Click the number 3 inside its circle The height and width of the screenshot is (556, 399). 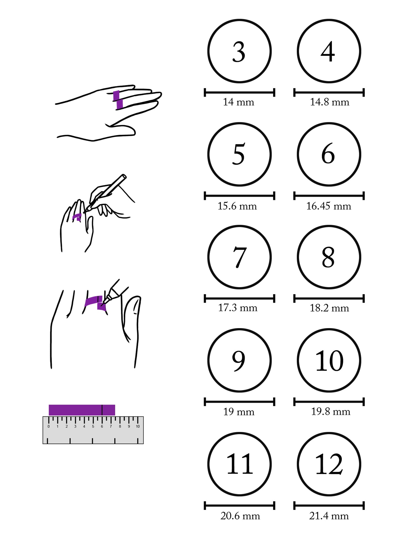pos(239,52)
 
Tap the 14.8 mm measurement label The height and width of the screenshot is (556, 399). pos(329,102)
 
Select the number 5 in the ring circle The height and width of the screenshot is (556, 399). pos(239,154)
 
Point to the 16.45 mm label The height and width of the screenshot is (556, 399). pos(329,206)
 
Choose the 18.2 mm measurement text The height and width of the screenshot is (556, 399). pos(329,308)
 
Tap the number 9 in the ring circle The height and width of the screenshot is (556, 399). pos(239,361)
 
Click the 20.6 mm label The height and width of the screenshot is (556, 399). pos(240,516)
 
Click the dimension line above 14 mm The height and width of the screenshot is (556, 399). pos(239,93)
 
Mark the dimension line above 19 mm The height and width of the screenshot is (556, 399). pos(239,402)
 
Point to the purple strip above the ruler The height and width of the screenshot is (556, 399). pos(82,410)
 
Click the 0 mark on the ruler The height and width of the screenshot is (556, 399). pos(49,426)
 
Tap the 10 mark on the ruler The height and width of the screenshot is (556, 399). pos(138,426)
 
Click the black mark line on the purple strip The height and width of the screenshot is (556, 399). pos(102,410)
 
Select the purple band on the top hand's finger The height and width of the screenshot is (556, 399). pos(118,100)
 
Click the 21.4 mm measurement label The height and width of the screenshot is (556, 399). pos(329,516)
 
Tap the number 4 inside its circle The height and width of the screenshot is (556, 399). pos(328,52)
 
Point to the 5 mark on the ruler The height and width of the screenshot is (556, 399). pos(93,426)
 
